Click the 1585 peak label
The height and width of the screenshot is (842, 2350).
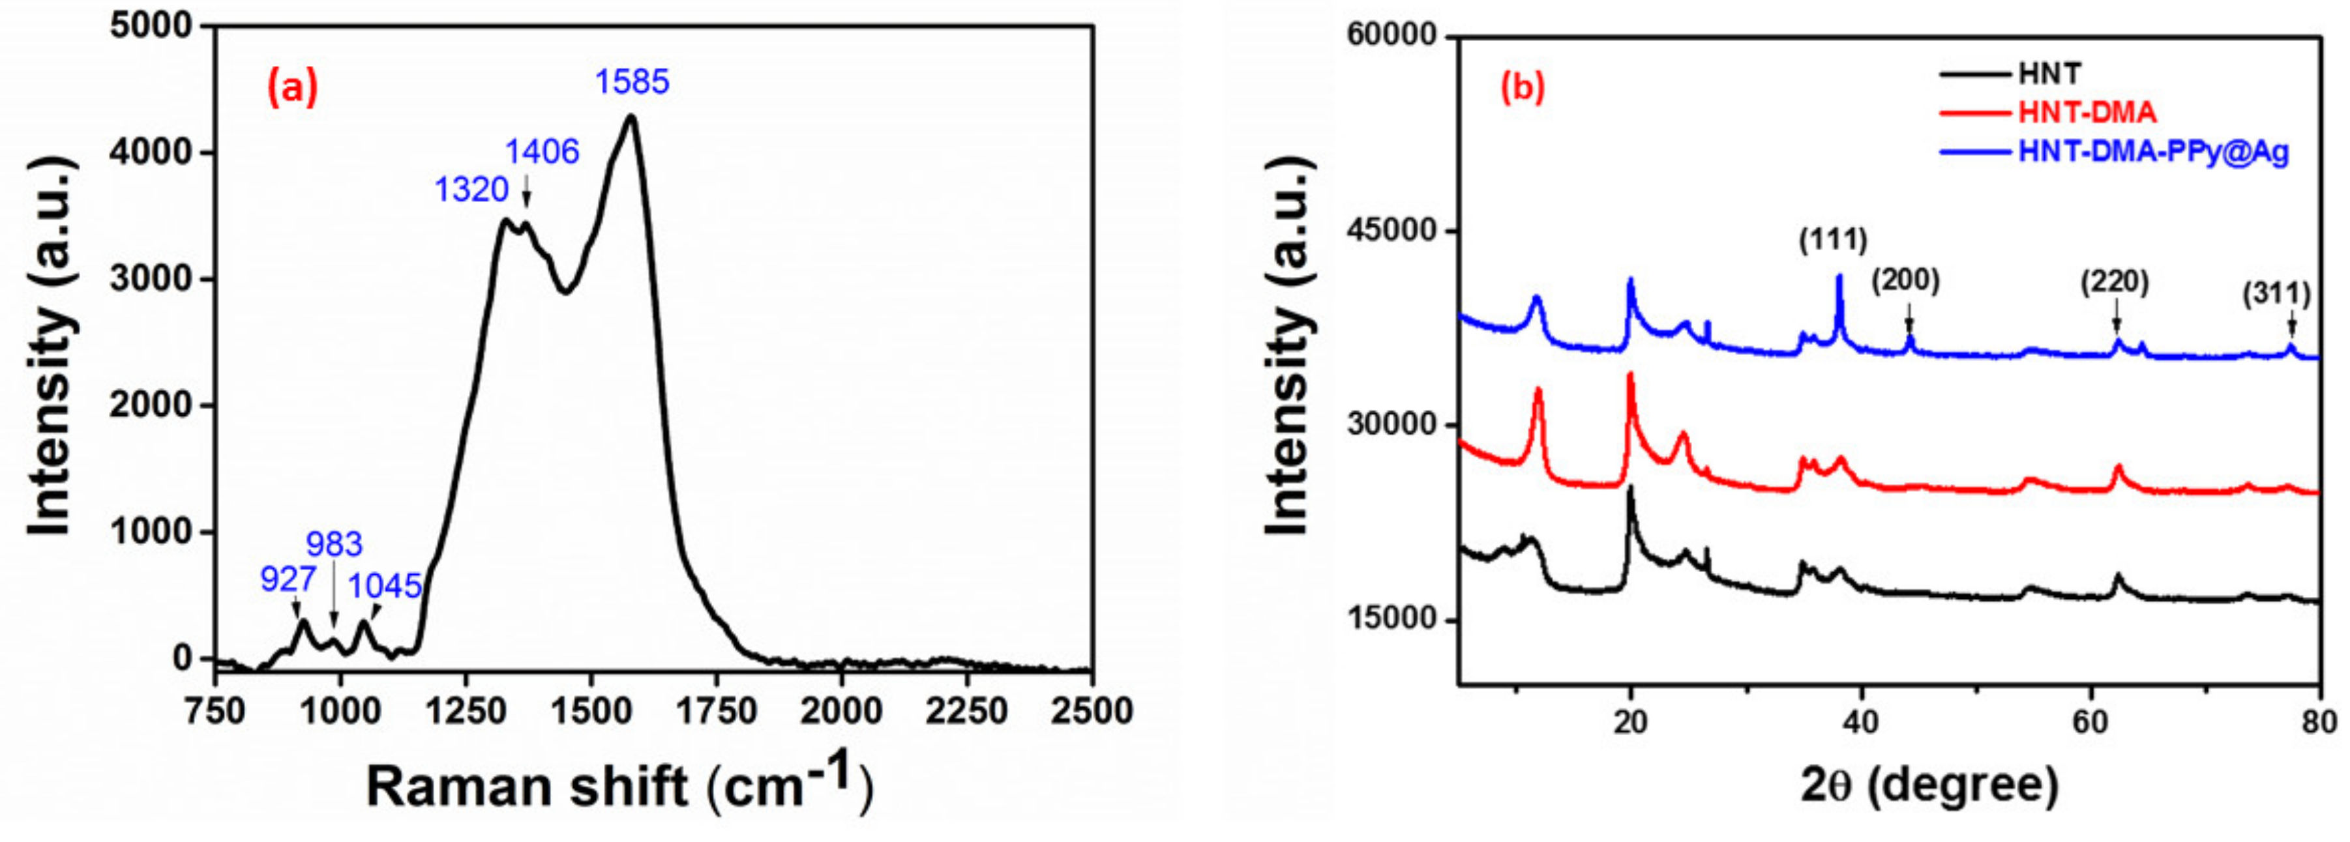coord(632,82)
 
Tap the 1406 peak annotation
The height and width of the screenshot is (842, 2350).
coord(543,151)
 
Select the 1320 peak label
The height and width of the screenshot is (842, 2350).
coord(471,190)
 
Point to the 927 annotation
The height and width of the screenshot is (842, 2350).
coord(288,579)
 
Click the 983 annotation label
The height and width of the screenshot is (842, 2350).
coord(334,545)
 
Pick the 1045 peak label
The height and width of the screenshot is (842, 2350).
coord(385,586)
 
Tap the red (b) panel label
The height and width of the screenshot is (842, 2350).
coord(1523,87)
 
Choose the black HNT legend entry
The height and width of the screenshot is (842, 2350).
coord(2048,73)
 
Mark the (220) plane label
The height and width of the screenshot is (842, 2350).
coord(2115,282)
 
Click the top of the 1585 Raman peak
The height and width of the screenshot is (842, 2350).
coord(629,116)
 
